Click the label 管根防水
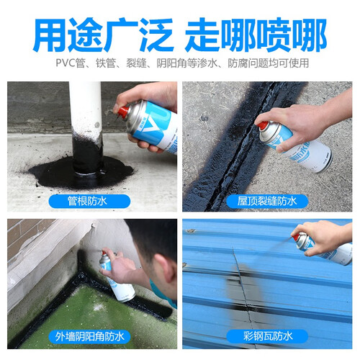tap(87, 201)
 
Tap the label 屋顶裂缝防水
tap(267, 201)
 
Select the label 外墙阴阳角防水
tap(89, 336)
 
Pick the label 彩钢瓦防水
tap(268, 336)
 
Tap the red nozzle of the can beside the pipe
tap(123, 112)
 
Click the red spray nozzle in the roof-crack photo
tap(263, 125)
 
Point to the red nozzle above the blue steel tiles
tap(297, 237)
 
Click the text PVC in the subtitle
tap(66, 63)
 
